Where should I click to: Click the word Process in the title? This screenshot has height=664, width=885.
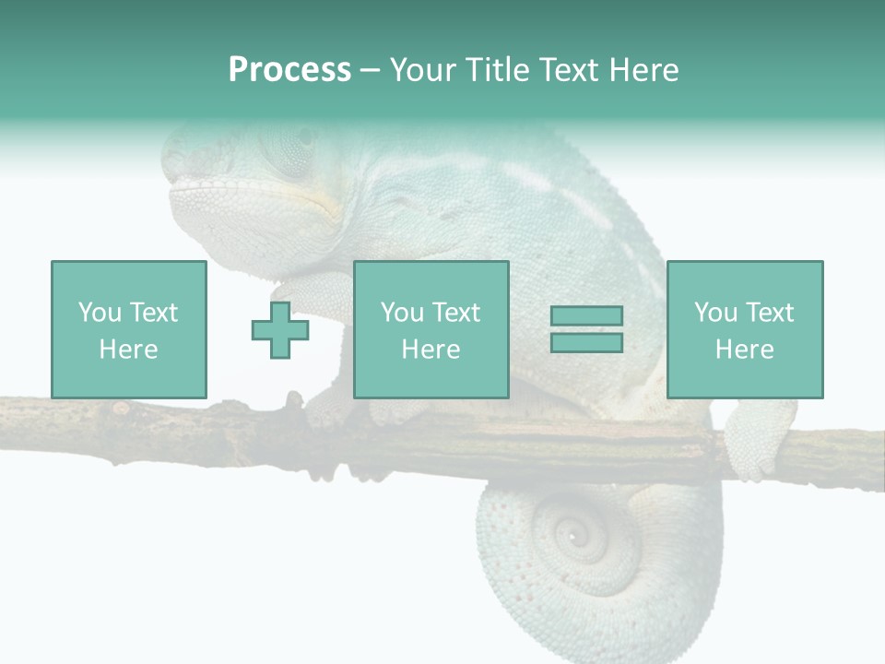pos(289,70)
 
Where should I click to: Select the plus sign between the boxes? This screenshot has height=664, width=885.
pos(280,330)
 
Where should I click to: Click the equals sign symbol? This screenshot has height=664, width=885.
pos(586,329)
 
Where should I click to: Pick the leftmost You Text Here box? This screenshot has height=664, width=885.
pos(128,329)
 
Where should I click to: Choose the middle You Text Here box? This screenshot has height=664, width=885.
pos(431,329)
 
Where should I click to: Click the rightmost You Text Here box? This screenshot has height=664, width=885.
pos(744,329)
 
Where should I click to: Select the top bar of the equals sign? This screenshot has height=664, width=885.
pos(586,316)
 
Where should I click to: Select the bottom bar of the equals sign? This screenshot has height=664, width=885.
pos(586,343)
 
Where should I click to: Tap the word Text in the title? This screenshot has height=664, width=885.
pos(568,70)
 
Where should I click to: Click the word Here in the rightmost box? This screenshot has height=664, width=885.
pos(744,350)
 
